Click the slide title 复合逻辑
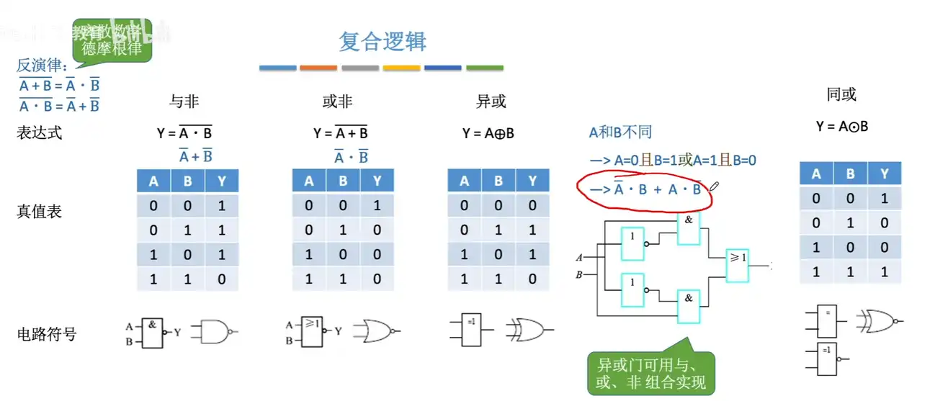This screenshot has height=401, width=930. [x=383, y=42]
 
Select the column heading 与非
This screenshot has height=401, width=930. [x=184, y=102]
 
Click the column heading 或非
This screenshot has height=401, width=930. [x=337, y=102]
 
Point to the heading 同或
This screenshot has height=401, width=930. [x=841, y=95]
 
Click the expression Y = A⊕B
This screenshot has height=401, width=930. [x=488, y=133]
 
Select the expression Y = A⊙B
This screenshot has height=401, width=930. [x=842, y=127]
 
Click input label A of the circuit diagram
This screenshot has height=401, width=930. [x=578, y=257]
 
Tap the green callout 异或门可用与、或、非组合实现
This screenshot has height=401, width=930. [x=651, y=372]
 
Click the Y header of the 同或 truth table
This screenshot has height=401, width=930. [x=884, y=174]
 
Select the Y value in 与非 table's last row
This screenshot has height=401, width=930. [x=221, y=279]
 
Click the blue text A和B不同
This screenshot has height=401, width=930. [x=620, y=132]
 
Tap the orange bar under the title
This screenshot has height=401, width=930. [x=318, y=68]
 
